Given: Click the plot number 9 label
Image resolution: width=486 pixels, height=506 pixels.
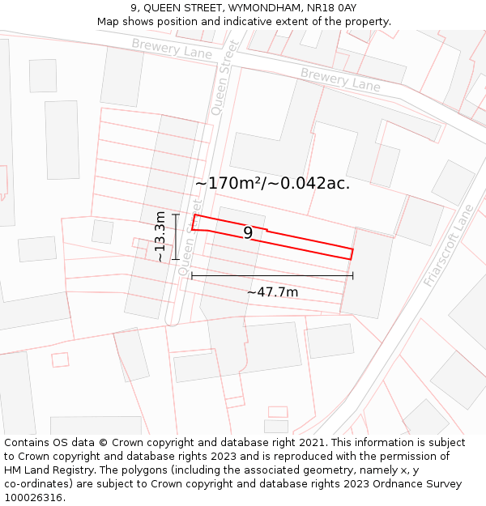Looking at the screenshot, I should click(x=248, y=233).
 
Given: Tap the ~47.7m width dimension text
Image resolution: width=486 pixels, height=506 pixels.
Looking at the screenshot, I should click(x=272, y=292).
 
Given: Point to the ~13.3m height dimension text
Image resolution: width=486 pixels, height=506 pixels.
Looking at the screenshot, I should click(x=160, y=236).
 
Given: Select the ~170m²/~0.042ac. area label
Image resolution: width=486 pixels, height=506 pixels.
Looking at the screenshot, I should click(x=272, y=183).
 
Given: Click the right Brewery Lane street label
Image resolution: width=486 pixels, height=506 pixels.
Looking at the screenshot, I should click(x=340, y=79).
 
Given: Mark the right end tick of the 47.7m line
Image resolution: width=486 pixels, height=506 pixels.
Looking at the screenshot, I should click(x=353, y=276).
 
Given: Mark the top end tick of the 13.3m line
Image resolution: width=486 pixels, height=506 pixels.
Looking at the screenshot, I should click(x=176, y=214).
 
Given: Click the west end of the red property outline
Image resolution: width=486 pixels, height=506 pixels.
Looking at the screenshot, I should click(x=194, y=223).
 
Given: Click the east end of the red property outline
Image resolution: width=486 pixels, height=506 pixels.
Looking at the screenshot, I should click(x=352, y=253).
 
